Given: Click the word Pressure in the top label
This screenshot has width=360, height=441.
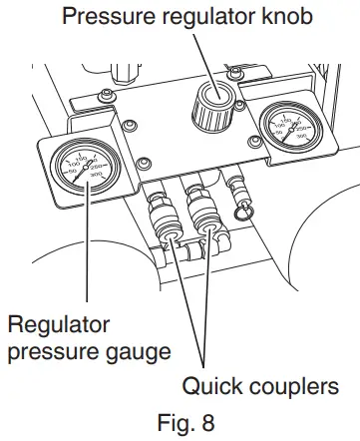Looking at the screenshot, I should pyautogui.click(x=108, y=18).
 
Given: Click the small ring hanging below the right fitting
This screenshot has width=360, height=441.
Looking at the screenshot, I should pyautogui.click(x=242, y=214).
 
